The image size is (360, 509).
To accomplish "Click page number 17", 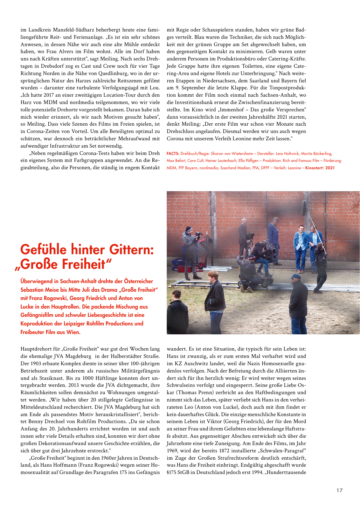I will pyautogui.click(x=339, y=490).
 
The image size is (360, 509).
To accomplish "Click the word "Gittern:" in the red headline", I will pyautogui.click(x=131, y=250).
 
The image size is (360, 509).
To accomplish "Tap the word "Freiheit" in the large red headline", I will pyautogui.click(x=84, y=264).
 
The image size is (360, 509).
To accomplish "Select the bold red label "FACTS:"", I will pyautogui.click(x=173, y=154).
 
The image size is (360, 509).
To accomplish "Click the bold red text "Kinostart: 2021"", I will pyautogui.click(x=320, y=168).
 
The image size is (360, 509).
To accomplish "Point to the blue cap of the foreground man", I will pyautogui.click(x=295, y=276).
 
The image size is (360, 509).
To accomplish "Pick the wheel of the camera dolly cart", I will pyautogui.click(x=270, y=281).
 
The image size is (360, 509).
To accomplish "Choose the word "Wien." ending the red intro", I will pyautogui.click(x=73, y=332).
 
